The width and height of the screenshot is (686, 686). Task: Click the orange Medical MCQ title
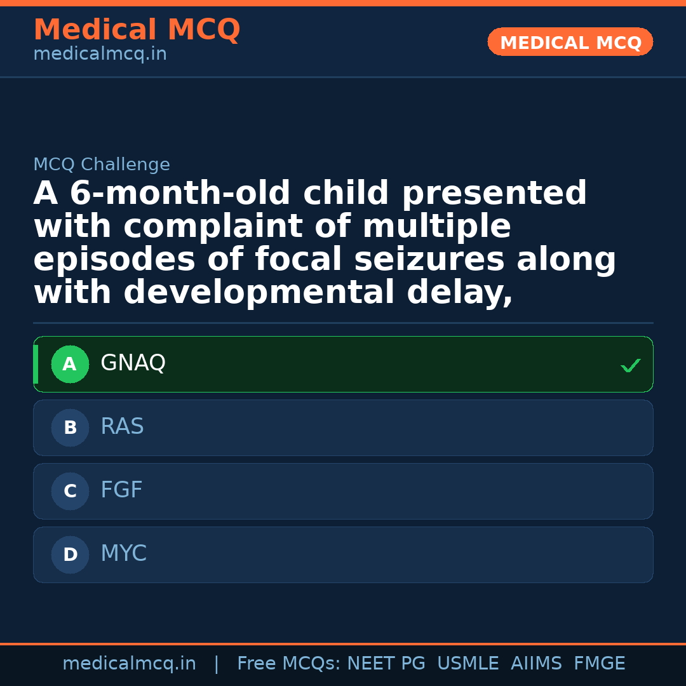(137, 30)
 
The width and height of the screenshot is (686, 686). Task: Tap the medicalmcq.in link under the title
(100, 55)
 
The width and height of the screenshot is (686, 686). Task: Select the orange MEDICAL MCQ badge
(570, 43)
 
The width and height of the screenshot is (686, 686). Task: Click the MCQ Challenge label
(102, 165)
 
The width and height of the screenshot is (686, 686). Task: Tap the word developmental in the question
(260, 293)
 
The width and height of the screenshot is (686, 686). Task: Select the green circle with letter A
(70, 365)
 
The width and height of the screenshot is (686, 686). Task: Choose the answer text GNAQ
(133, 363)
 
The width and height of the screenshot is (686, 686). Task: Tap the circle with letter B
(70, 428)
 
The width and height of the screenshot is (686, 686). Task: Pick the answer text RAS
(122, 427)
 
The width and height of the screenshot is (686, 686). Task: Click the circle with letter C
(70, 492)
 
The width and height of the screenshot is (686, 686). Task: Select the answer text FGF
(121, 490)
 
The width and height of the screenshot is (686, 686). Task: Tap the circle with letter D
(70, 555)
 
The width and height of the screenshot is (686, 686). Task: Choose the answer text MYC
(123, 554)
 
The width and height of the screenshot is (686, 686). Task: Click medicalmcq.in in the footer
(129, 664)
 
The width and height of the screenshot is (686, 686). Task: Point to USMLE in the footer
(467, 664)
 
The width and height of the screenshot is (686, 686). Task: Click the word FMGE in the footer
(599, 664)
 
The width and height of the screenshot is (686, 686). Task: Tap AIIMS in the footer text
(536, 664)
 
